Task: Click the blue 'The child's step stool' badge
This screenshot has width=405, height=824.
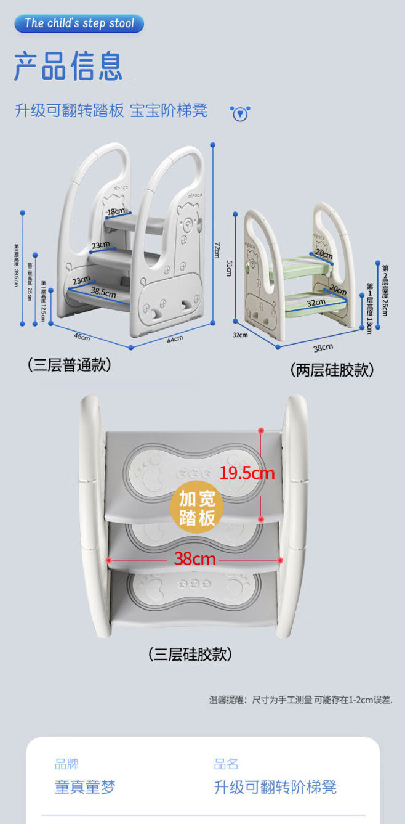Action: pos(80,24)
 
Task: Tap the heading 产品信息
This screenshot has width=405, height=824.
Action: pos(68,67)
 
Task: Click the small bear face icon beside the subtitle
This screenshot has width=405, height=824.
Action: pos(239,113)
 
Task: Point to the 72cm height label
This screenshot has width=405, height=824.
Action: pos(217,250)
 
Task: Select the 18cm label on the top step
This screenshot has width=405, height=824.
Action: pos(116,211)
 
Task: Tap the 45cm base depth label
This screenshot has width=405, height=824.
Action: pos(81,337)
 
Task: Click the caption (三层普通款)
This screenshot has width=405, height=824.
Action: pos(69,365)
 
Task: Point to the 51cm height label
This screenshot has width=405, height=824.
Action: pos(228,268)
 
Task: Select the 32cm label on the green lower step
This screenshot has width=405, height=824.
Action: pos(316,303)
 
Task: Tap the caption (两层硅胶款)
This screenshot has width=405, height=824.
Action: pos(332,370)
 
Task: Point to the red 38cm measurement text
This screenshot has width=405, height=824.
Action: pos(194,559)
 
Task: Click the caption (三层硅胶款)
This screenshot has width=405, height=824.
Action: pos(190,654)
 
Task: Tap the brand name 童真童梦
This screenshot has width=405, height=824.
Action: pos(85,787)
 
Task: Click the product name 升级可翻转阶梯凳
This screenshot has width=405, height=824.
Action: pos(275,787)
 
